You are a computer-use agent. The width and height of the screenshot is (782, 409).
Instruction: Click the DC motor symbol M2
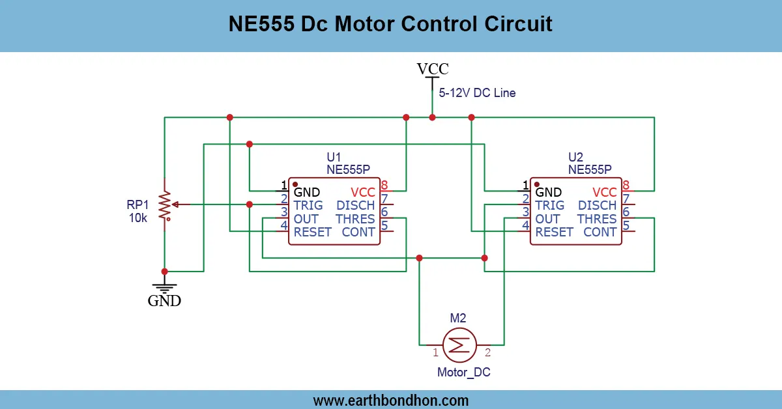point(459,344)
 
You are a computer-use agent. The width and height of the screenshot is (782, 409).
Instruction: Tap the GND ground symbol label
point(164,301)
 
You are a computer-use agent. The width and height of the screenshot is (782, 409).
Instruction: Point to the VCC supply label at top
point(433,69)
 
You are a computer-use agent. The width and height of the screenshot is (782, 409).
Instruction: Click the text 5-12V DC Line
point(477,93)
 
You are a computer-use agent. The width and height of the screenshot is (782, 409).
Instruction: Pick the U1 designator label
point(334,157)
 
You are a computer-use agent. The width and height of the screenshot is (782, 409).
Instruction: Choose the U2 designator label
point(575,157)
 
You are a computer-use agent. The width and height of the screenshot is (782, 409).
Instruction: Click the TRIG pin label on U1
point(308,205)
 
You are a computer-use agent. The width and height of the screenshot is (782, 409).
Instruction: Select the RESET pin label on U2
point(554,232)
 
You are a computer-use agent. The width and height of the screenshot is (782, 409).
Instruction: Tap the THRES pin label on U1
point(355,219)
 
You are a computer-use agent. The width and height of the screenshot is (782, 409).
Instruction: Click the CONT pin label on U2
point(600,232)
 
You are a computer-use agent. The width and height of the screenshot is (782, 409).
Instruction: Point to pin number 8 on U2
point(626,185)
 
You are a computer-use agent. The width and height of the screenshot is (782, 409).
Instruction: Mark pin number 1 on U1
point(284,185)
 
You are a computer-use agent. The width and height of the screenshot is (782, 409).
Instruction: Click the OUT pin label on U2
point(547,219)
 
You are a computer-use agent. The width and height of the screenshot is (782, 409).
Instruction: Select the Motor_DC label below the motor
point(463,373)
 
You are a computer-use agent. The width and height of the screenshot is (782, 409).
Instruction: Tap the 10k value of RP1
point(138,218)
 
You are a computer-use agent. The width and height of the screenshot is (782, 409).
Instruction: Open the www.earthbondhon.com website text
point(391,400)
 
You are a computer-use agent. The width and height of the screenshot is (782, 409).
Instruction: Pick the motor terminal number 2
point(487,353)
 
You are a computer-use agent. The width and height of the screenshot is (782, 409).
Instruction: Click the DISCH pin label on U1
point(356,205)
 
